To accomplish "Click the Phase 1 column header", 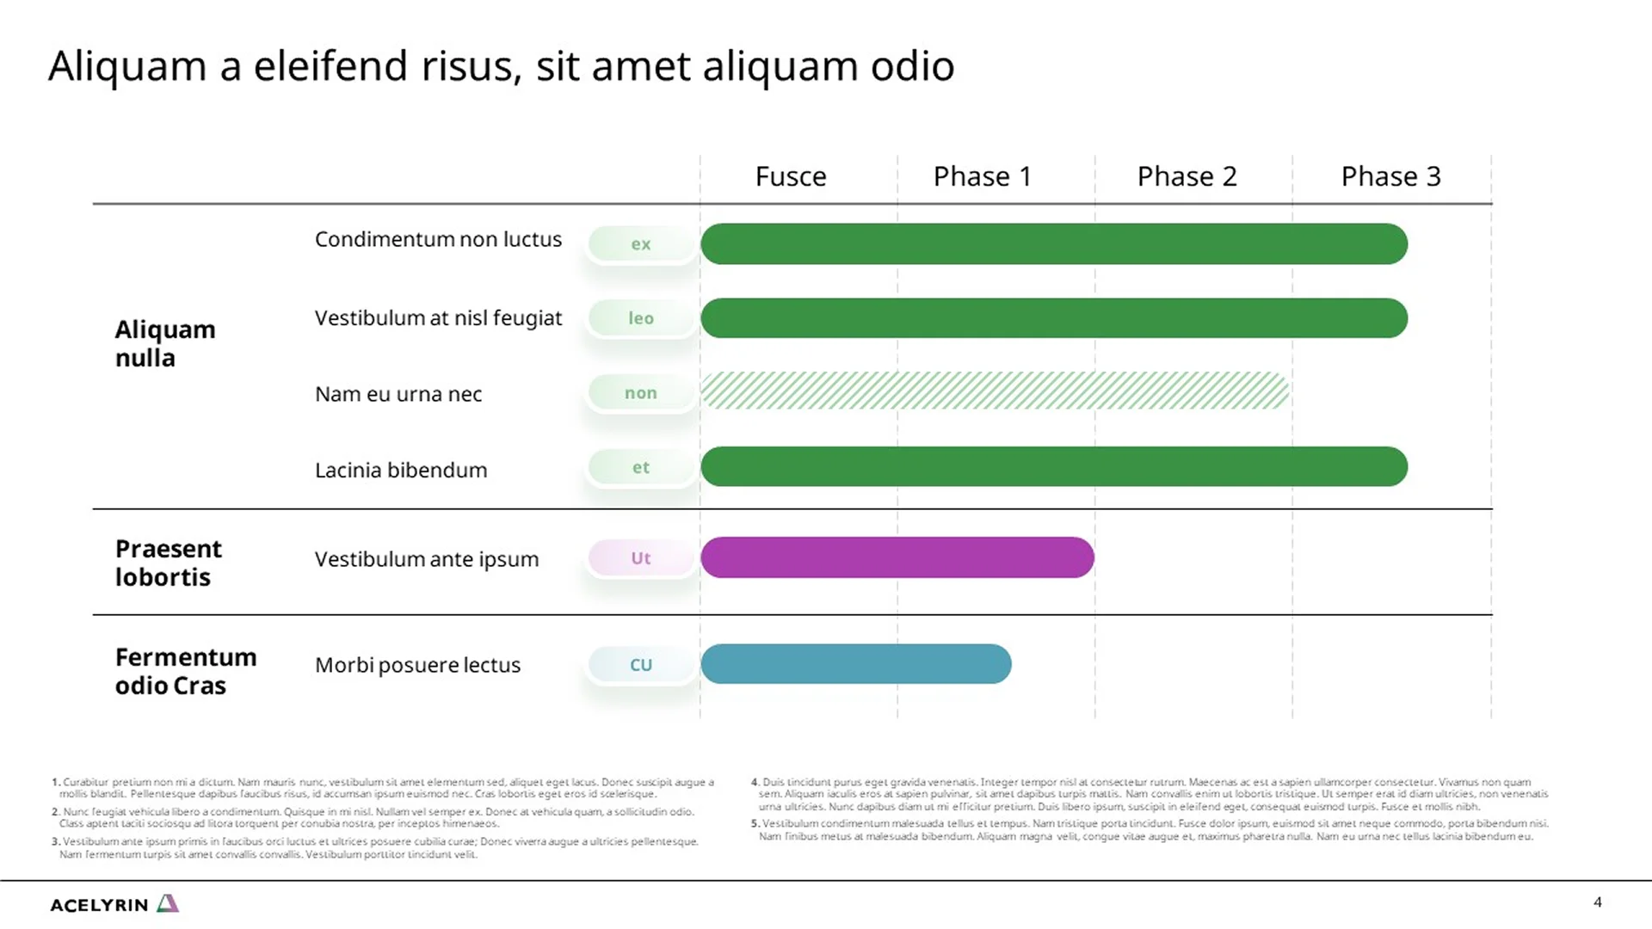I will [982, 176].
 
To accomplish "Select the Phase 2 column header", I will [1187, 176].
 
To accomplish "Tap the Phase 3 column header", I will [1390, 176].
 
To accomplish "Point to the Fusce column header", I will [791, 176].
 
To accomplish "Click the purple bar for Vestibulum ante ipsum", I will [897, 557].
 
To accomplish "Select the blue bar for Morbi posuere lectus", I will [855, 664].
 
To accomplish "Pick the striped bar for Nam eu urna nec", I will [994, 391].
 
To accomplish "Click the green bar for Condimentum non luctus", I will [1053, 243].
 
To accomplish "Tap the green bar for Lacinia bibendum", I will [1053, 466].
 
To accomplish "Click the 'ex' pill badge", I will [641, 244].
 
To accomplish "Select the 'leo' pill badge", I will [641, 318].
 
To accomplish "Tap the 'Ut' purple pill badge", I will [641, 558].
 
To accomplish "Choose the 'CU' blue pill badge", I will [641, 665].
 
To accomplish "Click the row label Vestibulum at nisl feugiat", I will [438, 318].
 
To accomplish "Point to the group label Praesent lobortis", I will [169, 563].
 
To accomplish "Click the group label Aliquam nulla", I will [165, 343].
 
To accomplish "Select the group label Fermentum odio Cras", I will [186, 671].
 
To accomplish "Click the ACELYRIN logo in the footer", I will [114, 904].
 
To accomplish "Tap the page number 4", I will [1597, 902].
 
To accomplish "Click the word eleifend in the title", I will [330, 66].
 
